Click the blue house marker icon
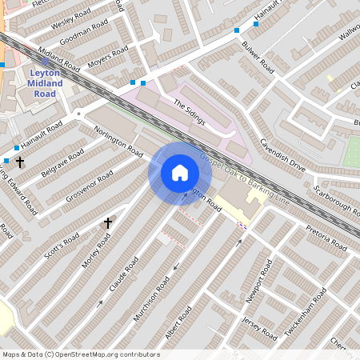(x=180, y=173)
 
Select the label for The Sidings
(x=190, y=112)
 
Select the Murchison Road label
(x=152, y=298)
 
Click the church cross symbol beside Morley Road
(x=108, y=223)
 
